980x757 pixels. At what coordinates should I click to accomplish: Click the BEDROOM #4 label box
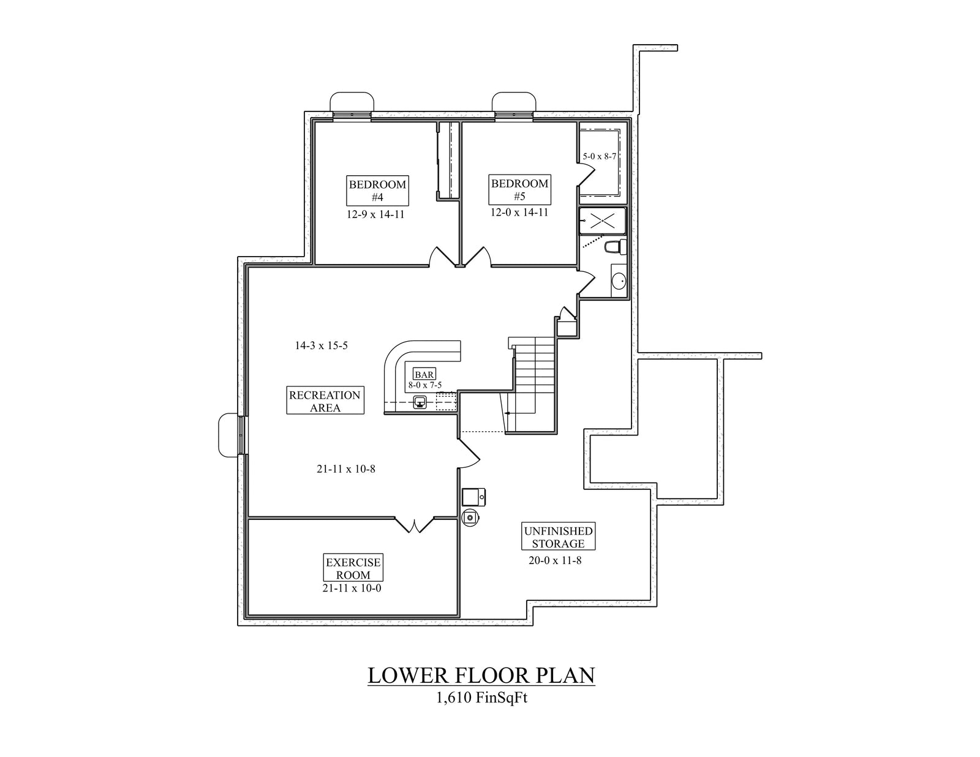[377, 191]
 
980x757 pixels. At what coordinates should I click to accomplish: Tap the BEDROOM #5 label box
[519, 190]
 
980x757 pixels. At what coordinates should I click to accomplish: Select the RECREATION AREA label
[325, 401]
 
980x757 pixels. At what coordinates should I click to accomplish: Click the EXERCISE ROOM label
[353, 568]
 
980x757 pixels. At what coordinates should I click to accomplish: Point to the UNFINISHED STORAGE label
[558, 537]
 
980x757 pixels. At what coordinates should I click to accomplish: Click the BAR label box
[424, 374]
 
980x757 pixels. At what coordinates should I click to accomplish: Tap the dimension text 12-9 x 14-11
[375, 214]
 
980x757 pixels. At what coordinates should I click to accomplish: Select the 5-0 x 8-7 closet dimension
[599, 156]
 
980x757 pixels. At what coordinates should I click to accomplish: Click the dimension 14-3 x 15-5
[321, 345]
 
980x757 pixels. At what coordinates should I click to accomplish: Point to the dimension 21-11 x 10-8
[345, 469]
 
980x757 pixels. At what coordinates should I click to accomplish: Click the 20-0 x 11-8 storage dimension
[555, 560]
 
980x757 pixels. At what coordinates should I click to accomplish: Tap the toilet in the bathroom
[613, 247]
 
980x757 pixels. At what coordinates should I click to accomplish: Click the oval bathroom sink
[619, 281]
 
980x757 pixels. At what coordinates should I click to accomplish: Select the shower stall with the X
[602, 220]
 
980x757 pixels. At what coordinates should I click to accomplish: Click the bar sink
[420, 402]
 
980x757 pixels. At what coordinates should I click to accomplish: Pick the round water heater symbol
[470, 517]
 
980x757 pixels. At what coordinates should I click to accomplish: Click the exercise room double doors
[415, 524]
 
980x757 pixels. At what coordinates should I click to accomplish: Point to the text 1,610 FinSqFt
[481, 699]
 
